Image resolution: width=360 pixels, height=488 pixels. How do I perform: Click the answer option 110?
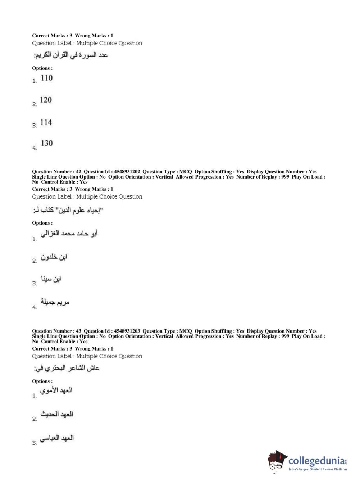point(46,78)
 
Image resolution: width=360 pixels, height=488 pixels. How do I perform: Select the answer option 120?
point(46,100)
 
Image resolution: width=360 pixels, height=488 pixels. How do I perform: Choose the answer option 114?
point(46,122)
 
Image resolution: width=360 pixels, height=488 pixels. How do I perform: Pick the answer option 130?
point(47,143)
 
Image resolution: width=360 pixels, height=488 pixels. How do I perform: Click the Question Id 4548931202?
point(127,172)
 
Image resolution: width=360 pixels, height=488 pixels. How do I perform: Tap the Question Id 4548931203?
point(127,331)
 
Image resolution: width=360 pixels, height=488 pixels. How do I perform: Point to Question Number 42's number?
point(78,172)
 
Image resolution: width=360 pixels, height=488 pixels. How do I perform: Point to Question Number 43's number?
point(78,331)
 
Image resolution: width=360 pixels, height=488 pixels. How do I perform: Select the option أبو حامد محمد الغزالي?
point(69,234)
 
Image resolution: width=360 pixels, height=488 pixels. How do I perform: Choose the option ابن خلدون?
point(54,257)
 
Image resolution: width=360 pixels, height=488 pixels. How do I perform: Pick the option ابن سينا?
point(51,279)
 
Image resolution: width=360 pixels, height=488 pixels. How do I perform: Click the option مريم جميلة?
point(55,302)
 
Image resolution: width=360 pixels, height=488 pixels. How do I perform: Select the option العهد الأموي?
point(56,390)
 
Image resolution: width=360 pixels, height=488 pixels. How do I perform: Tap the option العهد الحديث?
point(56,414)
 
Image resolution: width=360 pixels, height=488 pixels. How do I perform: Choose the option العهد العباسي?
point(56,438)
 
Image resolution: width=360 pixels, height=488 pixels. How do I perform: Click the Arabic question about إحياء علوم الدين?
point(68,210)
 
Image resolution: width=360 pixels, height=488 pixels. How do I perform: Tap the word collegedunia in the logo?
point(316,460)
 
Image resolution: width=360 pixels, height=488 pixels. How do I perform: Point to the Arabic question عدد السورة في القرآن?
point(70,55)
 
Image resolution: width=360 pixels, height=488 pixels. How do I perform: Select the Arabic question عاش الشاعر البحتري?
point(66,368)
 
